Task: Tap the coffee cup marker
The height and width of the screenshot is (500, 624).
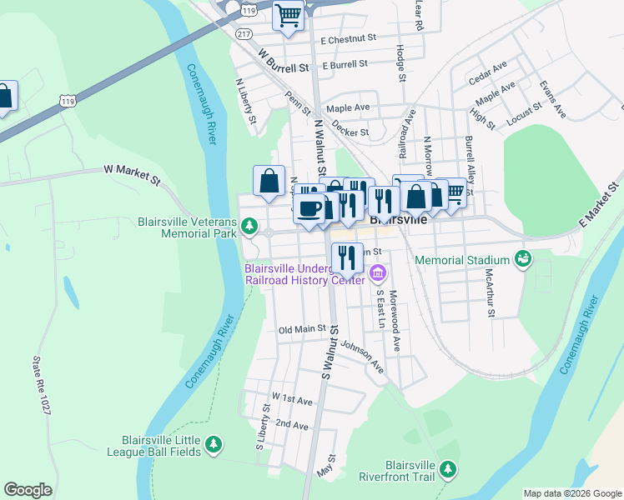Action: [x=310, y=208]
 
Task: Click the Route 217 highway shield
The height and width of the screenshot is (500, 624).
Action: [x=243, y=32]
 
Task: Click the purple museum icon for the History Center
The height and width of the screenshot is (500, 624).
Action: [x=377, y=272]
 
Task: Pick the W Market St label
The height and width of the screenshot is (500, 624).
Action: [x=131, y=169]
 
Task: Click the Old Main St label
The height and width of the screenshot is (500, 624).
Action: [x=301, y=329]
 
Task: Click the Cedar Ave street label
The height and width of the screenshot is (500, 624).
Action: [x=488, y=72]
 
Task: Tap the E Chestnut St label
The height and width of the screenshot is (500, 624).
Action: [x=349, y=39]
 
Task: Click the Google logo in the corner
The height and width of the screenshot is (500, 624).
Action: [x=28, y=490]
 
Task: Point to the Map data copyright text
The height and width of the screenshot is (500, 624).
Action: [x=571, y=493]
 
